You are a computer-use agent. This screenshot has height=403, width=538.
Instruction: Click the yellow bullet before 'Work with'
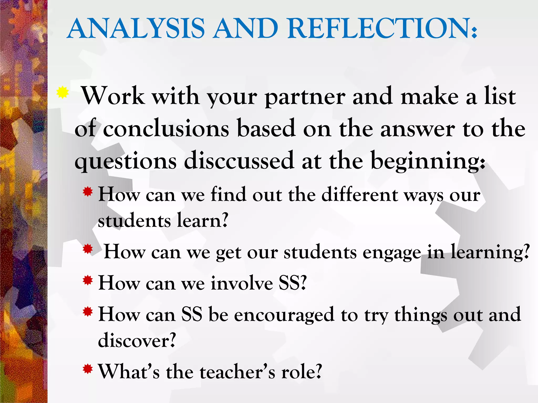(63, 92)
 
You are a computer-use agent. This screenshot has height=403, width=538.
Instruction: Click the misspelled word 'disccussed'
(239, 161)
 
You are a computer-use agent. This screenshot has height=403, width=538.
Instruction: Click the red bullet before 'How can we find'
(88, 192)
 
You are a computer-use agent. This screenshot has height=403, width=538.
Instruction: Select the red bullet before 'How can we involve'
(88, 281)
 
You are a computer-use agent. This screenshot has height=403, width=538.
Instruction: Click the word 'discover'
(137, 341)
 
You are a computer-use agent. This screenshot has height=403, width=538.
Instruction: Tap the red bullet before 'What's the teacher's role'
(88, 369)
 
